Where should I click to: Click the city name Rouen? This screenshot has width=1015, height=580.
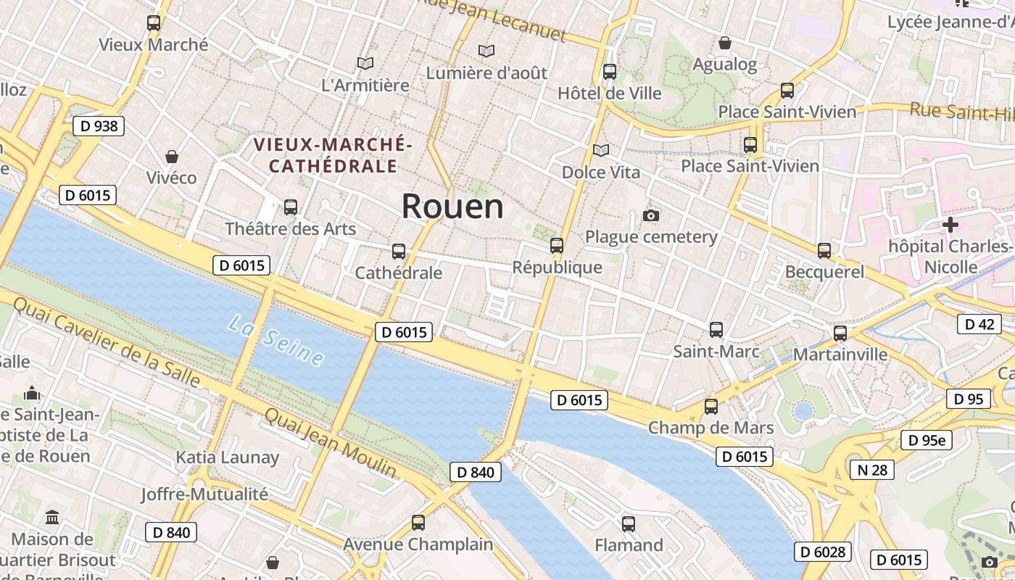[452, 207]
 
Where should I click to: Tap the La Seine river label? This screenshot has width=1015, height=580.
[275, 339]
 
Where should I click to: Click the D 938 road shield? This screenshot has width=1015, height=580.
[99, 126]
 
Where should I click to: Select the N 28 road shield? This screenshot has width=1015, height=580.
[871, 470]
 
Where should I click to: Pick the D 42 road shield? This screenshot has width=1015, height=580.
[979, 324]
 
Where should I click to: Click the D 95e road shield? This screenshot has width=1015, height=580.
[926, 440]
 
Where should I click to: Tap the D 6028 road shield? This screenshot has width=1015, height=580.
[823, 552]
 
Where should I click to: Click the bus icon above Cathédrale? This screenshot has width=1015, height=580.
[399, 252]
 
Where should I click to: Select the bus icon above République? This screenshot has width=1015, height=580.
[557, 246]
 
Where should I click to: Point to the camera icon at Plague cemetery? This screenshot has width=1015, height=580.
[651, 215]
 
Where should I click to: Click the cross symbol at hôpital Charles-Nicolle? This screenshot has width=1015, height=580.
[950, 225]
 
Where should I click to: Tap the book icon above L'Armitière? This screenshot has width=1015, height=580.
[365, 64]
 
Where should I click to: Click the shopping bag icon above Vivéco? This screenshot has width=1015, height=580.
[172, 157]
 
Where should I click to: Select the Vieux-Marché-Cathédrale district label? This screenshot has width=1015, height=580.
[333, 155]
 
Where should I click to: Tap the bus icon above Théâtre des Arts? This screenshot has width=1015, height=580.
[291, 207]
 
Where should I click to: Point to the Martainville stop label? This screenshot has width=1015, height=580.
[840, 355]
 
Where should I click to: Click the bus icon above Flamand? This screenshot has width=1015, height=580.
[629, 523]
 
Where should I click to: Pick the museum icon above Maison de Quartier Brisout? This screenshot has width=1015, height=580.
[52, 518]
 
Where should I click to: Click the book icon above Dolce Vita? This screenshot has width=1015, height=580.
[601, 151]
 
